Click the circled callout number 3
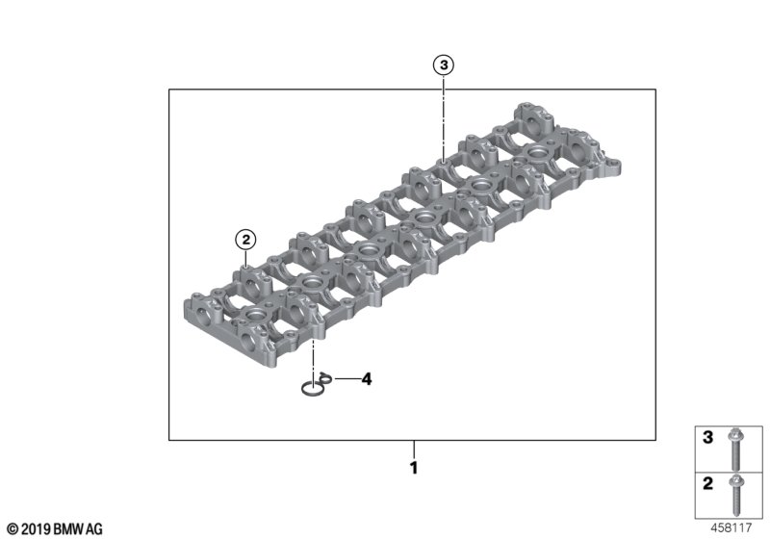(x=444, y=65)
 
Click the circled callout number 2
(x=245, y=240)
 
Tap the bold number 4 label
(x=367, y=379)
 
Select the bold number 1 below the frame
(x=414, y=468)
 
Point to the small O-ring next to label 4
(x=325, y=377)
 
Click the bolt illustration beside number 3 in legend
(x=735, y=449)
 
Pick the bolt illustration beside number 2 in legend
(x=736, y=495)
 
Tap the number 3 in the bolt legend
(x=707, y=437)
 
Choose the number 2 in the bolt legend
(x=707, y=483)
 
